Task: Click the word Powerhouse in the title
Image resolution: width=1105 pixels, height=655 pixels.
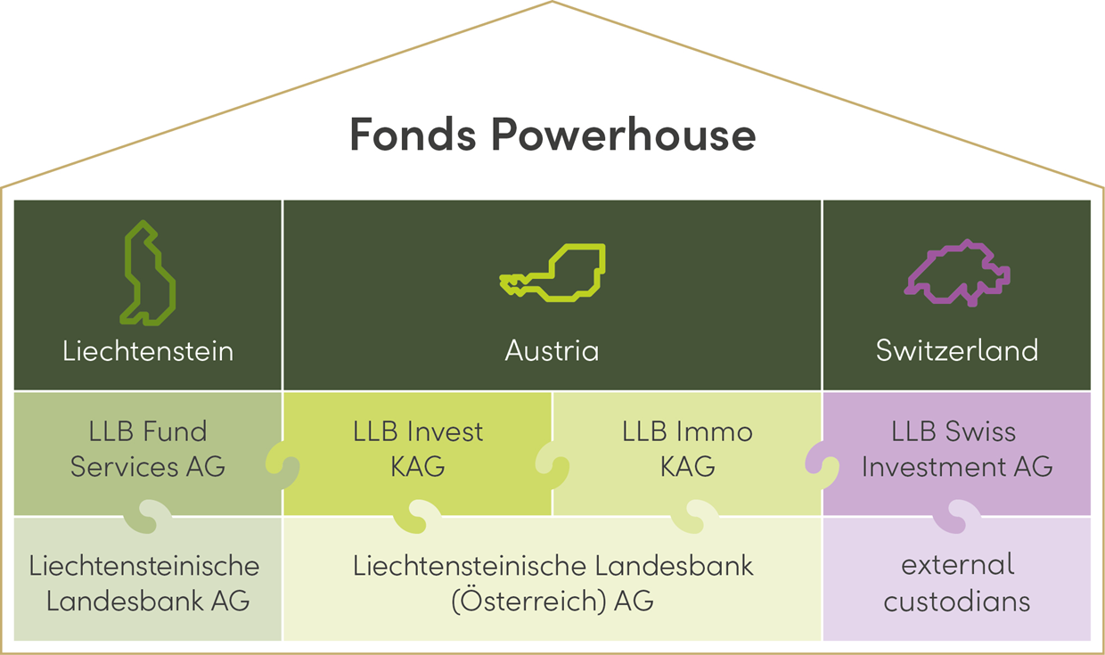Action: [623, 135]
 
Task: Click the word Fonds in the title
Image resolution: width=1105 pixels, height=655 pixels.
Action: [411, 135]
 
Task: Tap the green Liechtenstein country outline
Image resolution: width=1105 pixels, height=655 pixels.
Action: [148, 273]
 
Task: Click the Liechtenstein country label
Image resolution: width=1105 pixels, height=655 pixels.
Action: [148, 350]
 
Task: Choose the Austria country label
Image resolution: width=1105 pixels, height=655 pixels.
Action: [552, 350]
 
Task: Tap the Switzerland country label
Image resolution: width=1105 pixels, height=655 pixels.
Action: [957, 350]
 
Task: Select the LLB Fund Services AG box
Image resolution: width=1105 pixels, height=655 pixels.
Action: [148, 449]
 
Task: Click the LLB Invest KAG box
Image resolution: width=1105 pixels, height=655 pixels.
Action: [417, 449]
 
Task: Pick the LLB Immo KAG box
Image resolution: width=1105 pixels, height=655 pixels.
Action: [687, 449]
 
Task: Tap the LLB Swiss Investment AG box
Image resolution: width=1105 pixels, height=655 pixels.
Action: [957, 449]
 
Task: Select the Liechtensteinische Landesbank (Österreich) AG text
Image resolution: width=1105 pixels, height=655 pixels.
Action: [552, 583]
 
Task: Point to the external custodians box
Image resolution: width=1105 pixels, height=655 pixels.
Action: [957, 583]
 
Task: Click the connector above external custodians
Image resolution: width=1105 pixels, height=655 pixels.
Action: [957, 516]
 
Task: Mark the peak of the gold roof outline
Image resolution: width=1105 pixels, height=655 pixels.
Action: [552, 3]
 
